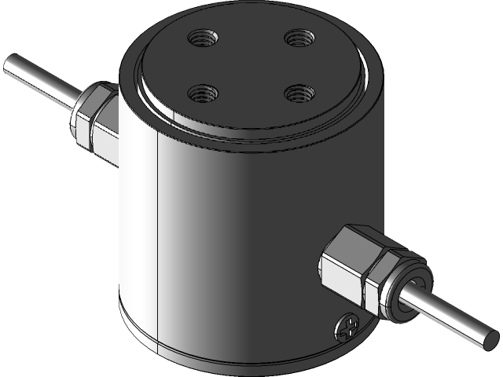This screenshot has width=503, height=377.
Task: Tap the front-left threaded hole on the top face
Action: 201,93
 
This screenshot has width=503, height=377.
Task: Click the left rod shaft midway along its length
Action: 39,82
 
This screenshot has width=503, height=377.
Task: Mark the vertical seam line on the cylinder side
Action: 158,236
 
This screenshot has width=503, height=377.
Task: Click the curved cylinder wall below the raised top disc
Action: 236,236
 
